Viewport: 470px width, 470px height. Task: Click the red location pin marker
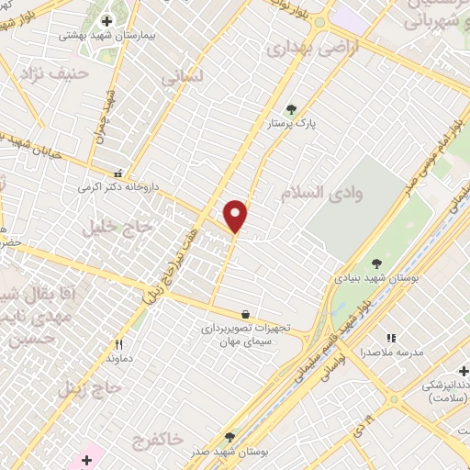tap(236, 216)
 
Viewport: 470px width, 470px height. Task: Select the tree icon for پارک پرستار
tap(292, 108)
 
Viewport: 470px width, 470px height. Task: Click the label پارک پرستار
tap(292, 123)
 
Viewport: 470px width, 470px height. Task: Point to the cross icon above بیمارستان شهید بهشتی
tap(106, 21)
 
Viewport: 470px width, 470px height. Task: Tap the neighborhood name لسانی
tap(180, 79)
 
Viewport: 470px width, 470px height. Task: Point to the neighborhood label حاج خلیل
tap(109, 227)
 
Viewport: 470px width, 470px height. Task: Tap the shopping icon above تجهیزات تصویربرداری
tap(244, 313)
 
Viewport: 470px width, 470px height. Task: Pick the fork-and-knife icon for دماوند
tap(119, 344)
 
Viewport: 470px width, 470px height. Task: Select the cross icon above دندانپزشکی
tap(464, 371)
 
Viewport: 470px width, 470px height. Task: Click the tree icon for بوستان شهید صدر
tap(229, 437)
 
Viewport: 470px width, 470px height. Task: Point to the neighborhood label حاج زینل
tap(89, 388)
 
